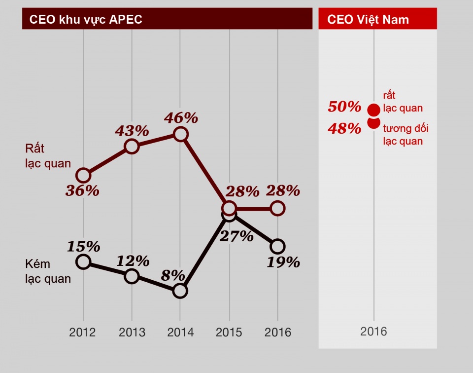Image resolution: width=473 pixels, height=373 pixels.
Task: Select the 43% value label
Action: (132, 131)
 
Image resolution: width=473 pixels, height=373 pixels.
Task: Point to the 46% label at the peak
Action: (181, 118)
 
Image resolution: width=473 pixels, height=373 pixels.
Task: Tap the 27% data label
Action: (237, 236)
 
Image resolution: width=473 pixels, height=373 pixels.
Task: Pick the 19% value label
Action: (283, 262)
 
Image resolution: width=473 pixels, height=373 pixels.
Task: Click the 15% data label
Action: (84, 246)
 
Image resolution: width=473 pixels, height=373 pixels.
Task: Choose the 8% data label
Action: (175, 275)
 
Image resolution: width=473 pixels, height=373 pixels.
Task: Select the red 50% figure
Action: (345, 107)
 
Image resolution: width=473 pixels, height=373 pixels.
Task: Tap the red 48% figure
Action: (345, 129)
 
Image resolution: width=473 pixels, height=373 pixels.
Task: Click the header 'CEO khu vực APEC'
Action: (86, 20)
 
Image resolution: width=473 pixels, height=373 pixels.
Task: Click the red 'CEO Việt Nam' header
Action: (368, 20)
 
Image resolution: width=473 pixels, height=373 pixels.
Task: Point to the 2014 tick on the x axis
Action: (181, 332)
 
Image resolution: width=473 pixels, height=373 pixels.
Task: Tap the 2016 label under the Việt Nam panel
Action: (373, 331)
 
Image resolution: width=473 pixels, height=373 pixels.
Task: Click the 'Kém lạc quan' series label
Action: (48, 271)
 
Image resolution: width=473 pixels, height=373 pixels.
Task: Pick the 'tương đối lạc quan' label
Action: (405, 135)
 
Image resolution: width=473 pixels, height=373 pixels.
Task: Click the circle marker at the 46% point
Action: (181, 134)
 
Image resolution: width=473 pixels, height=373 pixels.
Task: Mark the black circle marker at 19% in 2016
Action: (278, 246)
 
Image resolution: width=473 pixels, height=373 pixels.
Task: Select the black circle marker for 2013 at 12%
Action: (132, 276)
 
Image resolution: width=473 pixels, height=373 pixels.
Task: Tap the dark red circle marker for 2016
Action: (278, 208)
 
